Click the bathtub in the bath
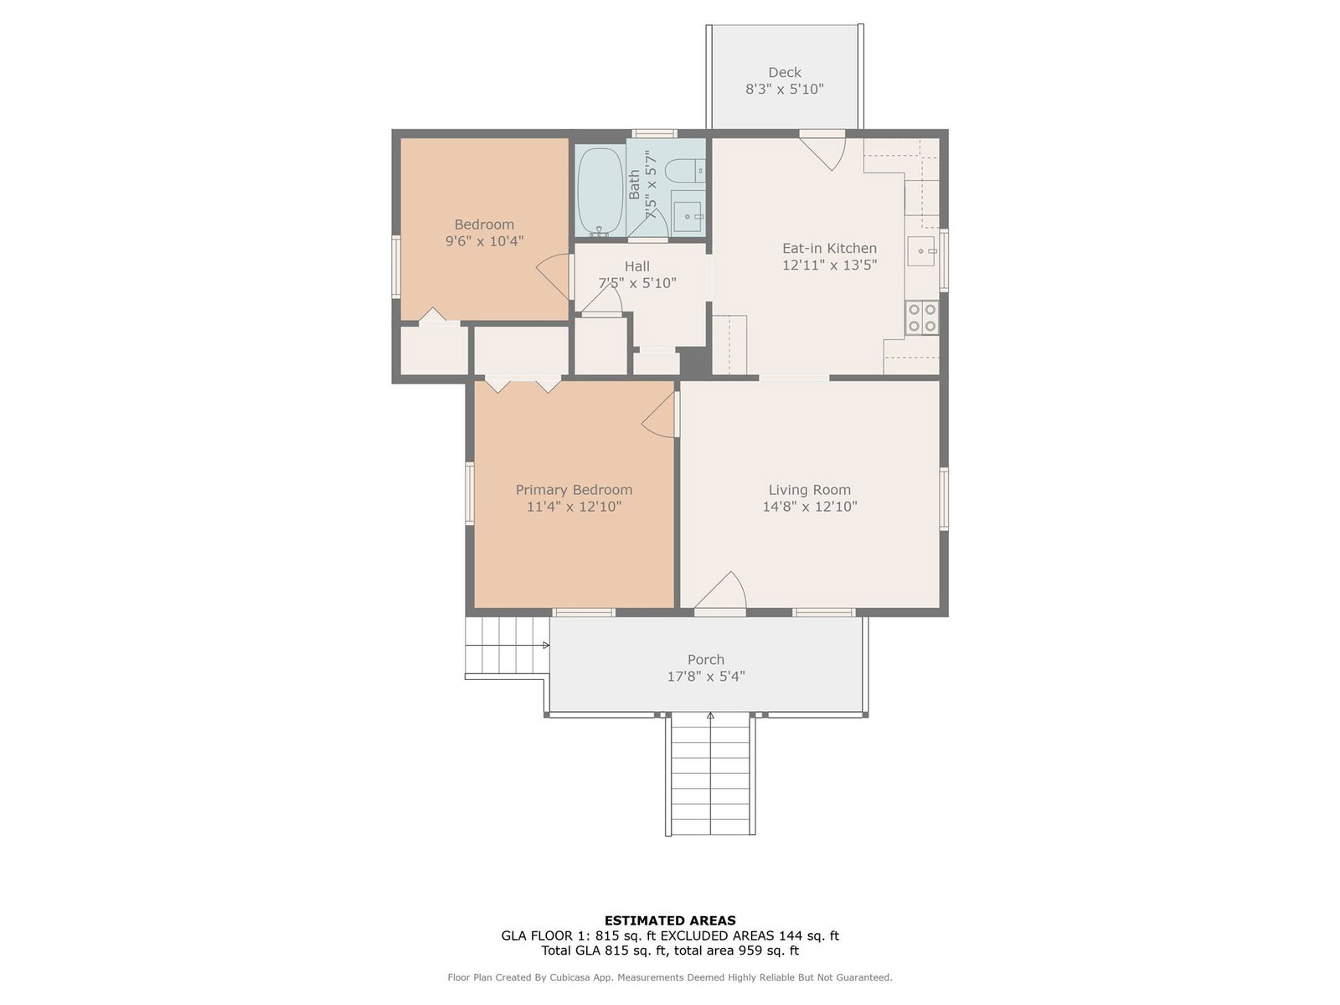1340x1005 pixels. point(600,191)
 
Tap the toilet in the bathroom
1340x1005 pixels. point(684,170)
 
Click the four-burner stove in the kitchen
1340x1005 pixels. point(921,317)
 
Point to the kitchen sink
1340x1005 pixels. point(920,250)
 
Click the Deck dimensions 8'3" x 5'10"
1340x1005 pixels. point(784,89)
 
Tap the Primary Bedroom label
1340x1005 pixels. point(573,489)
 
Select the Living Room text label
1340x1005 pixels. point(809,489)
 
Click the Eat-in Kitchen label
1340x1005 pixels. point(829,249)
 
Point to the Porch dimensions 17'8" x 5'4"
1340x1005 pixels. point(706,676)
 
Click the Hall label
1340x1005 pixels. point(636,266)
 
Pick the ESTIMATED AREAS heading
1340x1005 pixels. point(670,920)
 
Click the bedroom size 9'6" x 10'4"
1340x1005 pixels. point(484,241)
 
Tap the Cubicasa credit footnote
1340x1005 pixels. point(670,977)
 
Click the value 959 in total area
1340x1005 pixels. point(751,950)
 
